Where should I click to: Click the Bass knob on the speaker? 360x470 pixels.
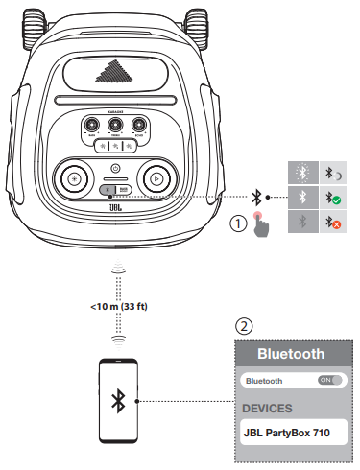[90, 124]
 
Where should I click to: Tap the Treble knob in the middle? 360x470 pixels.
[115, 124]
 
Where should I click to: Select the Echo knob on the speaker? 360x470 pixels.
[140, 124]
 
